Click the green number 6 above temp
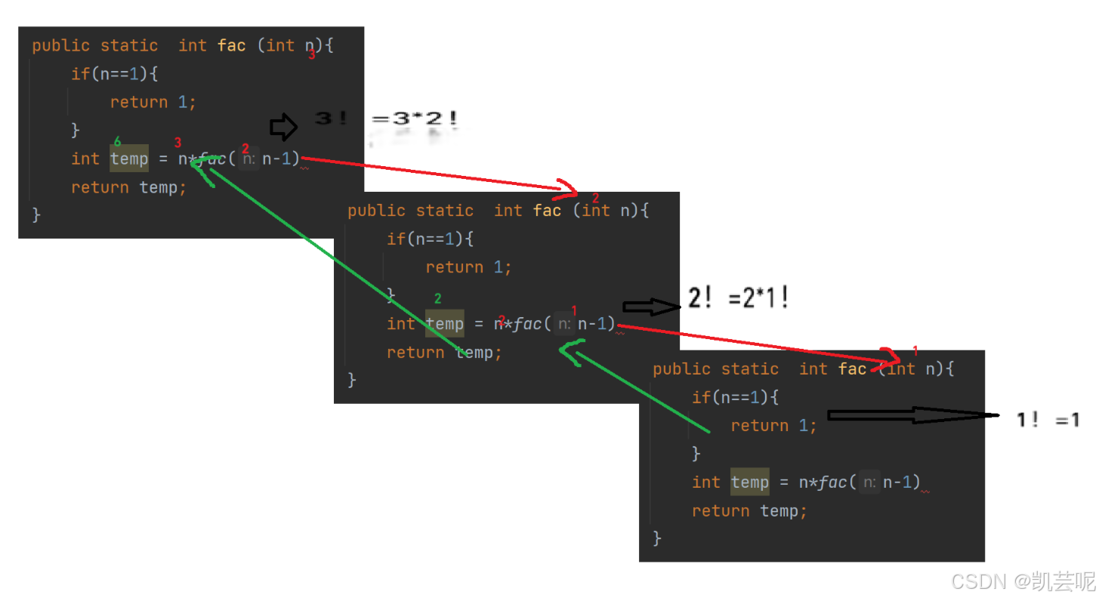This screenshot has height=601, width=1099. click(117, 141)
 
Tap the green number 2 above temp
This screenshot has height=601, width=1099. click(438, 299)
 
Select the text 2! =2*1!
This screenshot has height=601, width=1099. click(739, 298)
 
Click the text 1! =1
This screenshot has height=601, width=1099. click(1048, 421)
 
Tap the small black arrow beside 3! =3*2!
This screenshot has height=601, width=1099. click(283, 128)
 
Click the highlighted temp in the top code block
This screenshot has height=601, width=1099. click(129, 159)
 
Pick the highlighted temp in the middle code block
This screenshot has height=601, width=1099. click(445, 324)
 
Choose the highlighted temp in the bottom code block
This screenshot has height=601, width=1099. click(749, 482)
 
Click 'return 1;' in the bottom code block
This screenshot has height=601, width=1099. click(773, 426)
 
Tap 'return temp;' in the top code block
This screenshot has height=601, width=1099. click(128, 187)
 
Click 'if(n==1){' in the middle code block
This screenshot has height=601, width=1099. click(430, 239)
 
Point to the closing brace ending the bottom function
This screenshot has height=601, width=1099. click(657, 538)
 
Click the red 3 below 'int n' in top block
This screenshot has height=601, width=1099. click(312, 55)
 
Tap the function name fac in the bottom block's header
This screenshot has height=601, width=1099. click(852, 368)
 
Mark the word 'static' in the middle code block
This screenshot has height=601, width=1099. click(445, 211)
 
